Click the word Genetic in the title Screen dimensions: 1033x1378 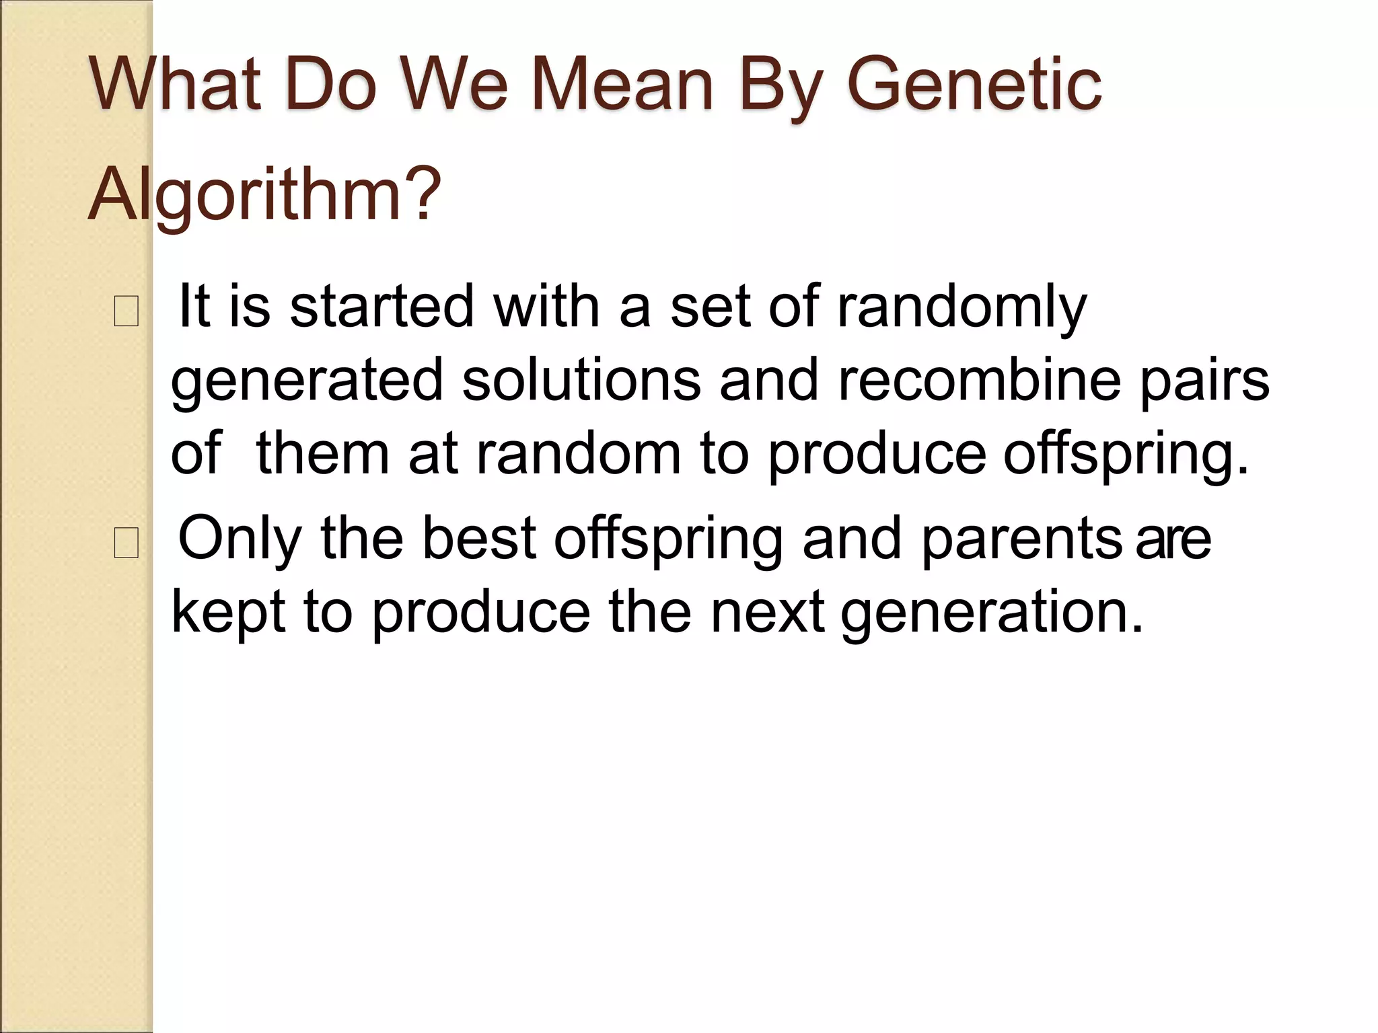click(x=974, y=85)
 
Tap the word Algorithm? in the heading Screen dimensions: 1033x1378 click(x=264, y=195)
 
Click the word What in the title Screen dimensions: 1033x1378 click(x=176, y=85)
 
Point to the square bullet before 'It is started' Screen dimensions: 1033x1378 click(x=126, y=311)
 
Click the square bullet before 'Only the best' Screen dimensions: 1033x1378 click(x=126, y=543)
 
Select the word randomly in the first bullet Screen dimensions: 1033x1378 click(x=962, y=307)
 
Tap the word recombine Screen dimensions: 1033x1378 click(x=979, y=380)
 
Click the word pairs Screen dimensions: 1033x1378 click(x=1204, y=381)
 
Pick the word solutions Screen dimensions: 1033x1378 click(x=581, y=380)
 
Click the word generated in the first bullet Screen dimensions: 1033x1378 click(x=307, y=381)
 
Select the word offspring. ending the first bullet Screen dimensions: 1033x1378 click(x=1126, y=455)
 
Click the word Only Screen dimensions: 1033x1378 click(x=239, y=539)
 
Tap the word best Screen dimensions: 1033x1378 click(x=479, y=537)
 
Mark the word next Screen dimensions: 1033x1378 click(x=767, y=611)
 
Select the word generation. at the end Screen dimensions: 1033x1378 click(x=992, y=613)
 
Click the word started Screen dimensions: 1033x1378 click(x=382, y=307)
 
